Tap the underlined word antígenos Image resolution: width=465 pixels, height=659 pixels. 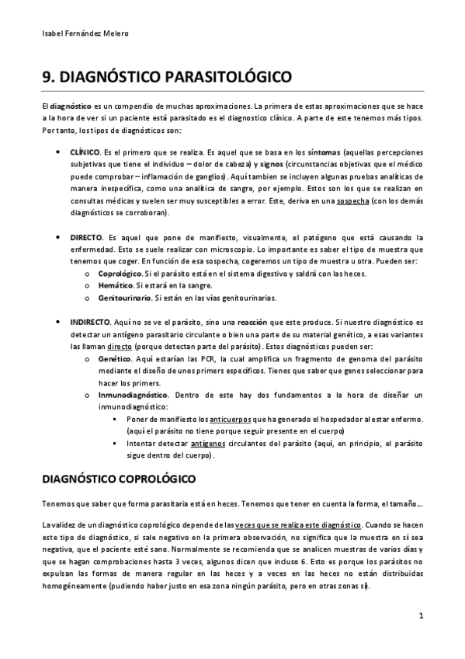point(209,443)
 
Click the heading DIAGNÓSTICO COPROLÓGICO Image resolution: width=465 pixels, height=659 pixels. point(118,476)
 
